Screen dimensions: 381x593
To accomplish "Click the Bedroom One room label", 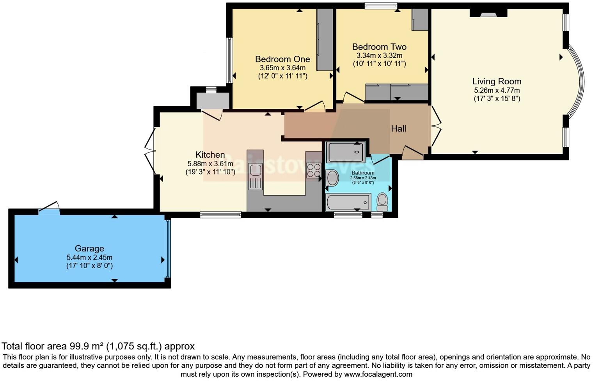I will (x=282, y=59).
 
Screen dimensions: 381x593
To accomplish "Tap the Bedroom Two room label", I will (x=379, y=47).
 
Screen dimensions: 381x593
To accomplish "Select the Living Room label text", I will (x=497, y=82).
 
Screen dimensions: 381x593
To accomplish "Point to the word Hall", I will (x=398, y=128).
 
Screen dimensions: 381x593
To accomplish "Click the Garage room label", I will (x=89, y=249).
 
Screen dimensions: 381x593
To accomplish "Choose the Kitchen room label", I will (x=210, y=155).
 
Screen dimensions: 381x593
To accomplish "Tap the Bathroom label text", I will (x=363, y=173).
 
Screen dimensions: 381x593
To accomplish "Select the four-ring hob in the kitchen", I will (x=313, y=171).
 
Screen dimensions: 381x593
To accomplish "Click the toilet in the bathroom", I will (x=382, y=201).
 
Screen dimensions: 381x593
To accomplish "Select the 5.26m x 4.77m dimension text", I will (x=497, y=91).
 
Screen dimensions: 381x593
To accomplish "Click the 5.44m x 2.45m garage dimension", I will (x=89, y=258).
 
